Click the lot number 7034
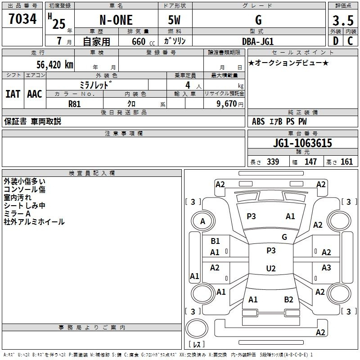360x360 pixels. click(x=22, y=19)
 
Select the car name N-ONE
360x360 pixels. click(x=116, y=20)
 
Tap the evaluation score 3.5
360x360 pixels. click(x=343, y=20)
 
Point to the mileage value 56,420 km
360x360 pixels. click(x=55, y=65)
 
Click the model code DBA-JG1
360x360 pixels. click(x=258, y=41)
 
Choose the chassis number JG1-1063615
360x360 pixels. click(x=302, y=143)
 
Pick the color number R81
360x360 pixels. click(x=74, y=104)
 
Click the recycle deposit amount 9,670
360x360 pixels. click(x=227, y=103)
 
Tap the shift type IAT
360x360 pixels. click(x=13, y=94)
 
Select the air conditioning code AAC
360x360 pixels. click(x=35, y=94)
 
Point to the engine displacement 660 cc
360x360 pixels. click(x=143, y=42)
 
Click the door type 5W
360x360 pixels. click(x=174, y=20)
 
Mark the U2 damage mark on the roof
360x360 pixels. click(x=271, y=268)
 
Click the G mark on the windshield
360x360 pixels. click(x=284, y=237)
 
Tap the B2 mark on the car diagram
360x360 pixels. click(x=288, y=300)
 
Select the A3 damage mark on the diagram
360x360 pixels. click(x=326, y=267)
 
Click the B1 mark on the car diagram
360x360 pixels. click(x=215, y=241)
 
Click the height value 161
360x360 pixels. click(x=346, y=162)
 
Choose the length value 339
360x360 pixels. click(x=273, y=162)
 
